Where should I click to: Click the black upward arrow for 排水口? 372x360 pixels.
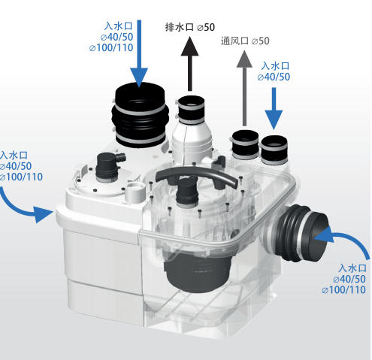(x=189, y=64)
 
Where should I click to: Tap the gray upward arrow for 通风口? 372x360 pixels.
(x=244, y=88)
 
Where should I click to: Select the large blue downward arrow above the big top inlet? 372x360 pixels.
(x=139, y=53)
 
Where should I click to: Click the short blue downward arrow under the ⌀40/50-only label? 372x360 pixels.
(x=274, y=108)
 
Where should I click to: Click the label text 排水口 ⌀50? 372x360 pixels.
(x=190, y=27)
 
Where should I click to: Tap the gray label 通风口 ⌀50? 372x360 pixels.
(x=245, y=41)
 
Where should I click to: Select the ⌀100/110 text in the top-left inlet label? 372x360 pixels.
(x=111, y=47)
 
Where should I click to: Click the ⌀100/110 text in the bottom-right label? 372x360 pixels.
(x=344, y=290)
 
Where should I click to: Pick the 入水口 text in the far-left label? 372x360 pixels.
(x=14, y=155)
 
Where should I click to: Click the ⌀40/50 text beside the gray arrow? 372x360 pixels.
(x=274, y=77)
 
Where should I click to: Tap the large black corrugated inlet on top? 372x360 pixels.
(x=140, y=115)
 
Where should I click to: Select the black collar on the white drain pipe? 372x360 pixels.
(x=191, y=110)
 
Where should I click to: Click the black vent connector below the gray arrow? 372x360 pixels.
(x=245, y=144)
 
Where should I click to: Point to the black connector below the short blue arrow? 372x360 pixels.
(x=274, y=150)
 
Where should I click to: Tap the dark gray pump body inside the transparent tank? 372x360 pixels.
(x=198, y=271)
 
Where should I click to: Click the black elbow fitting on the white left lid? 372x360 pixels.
(x=110, y=166)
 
